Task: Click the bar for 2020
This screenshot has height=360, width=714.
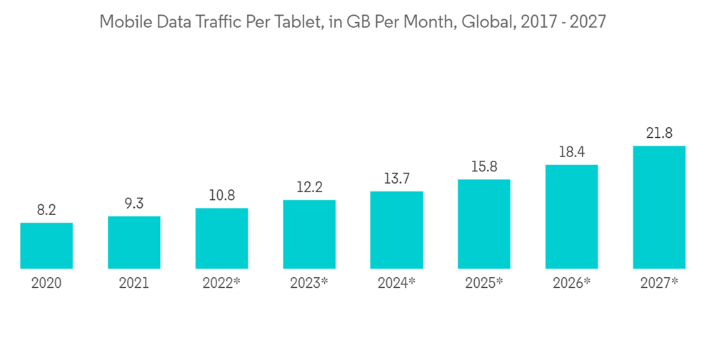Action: (x=46, y=246)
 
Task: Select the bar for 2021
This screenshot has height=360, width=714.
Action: (x=134, y=243)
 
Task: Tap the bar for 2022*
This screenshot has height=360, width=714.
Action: (x=221, y=239)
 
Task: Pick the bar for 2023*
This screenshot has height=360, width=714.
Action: (x=309, y=234)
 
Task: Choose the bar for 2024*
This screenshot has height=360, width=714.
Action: (x=396, y=230)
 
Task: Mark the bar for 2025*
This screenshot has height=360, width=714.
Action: (x=484, y=224)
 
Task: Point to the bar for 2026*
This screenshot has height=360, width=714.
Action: (x=571, y=217)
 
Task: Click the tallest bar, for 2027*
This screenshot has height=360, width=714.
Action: (x=659, y=207)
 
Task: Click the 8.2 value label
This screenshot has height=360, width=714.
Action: (x=46, y=210)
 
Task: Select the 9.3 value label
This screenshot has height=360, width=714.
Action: (x=134, y=204)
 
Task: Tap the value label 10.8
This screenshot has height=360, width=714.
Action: (x=221, y=195)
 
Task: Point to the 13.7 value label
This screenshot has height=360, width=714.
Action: (x=396, y=179)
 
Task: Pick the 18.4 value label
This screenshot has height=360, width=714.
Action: (x=571, y=152)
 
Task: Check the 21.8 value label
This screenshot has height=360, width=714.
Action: (x=659, y=133)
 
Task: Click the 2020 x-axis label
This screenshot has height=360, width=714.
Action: (x=46, y=283)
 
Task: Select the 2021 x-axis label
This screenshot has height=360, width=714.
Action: (x=134, y=283)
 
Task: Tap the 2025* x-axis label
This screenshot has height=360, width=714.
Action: (x=484, y=283)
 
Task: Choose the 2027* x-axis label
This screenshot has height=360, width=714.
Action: (x=659, y=283)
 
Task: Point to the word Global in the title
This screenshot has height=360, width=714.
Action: (x=486, y=21)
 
